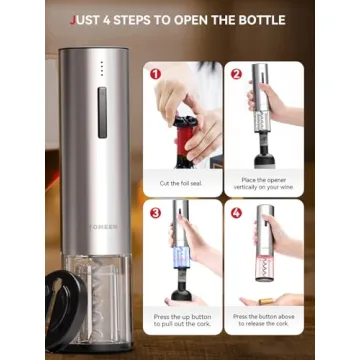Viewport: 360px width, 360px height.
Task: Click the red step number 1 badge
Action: tap(155, 73)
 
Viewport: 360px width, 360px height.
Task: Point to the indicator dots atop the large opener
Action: tap(100, 67)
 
